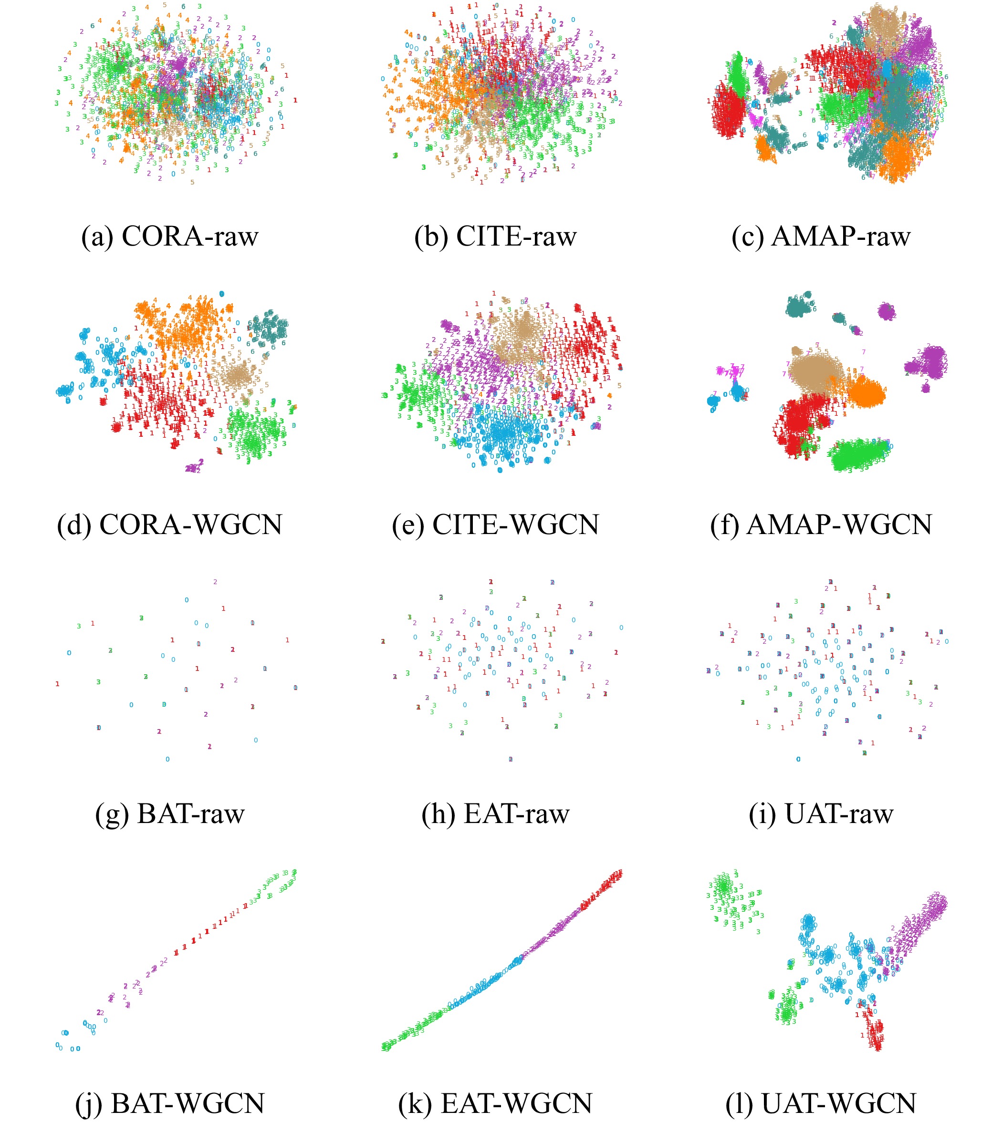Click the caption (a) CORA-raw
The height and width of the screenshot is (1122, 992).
click(170, 237)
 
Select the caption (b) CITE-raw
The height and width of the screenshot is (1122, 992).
click(495, 237)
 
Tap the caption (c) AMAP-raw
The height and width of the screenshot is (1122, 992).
click(821, 237)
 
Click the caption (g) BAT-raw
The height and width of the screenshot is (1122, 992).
click(170, 813)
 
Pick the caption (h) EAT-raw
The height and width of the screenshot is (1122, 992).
click(495, 813)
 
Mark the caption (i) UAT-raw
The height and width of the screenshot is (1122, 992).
click(821, 813)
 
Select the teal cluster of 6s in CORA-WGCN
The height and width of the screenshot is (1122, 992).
click(269, 329)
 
